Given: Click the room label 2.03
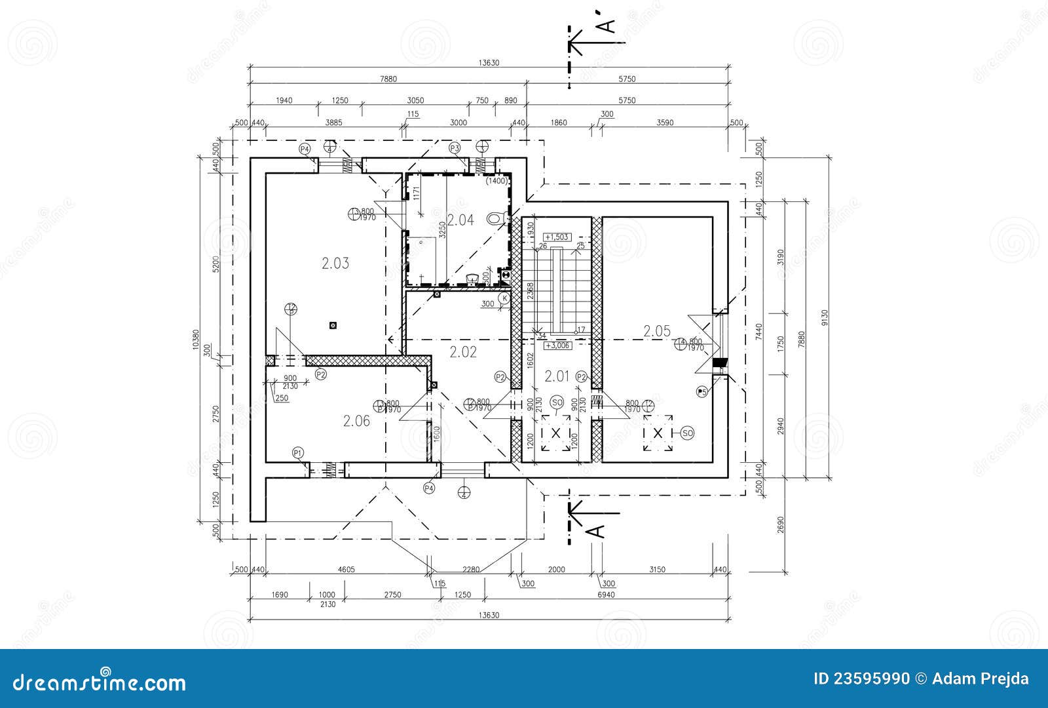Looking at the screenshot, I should [x=335, y=264].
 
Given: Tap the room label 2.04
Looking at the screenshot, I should [x=460, y=220].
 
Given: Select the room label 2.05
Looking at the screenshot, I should [x=657, y=331].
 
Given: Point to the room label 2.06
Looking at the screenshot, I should [x=356, y=421].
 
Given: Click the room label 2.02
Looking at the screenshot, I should [x=463, y=352].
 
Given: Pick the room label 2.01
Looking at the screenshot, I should [x=557, y=376].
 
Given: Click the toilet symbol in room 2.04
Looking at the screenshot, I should [x=496, y=218].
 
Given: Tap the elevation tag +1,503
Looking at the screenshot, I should [x=557, y=237].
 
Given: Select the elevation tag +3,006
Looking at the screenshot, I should [x=557, y=345].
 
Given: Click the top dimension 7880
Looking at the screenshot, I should [x=388, y=79].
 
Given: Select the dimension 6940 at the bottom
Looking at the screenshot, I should [x=607, y=595].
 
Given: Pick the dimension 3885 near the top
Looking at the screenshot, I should [x=333, y=123].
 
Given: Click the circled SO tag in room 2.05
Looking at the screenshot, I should [x=687, y=433].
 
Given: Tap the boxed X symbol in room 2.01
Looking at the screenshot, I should [x=556, y=433].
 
